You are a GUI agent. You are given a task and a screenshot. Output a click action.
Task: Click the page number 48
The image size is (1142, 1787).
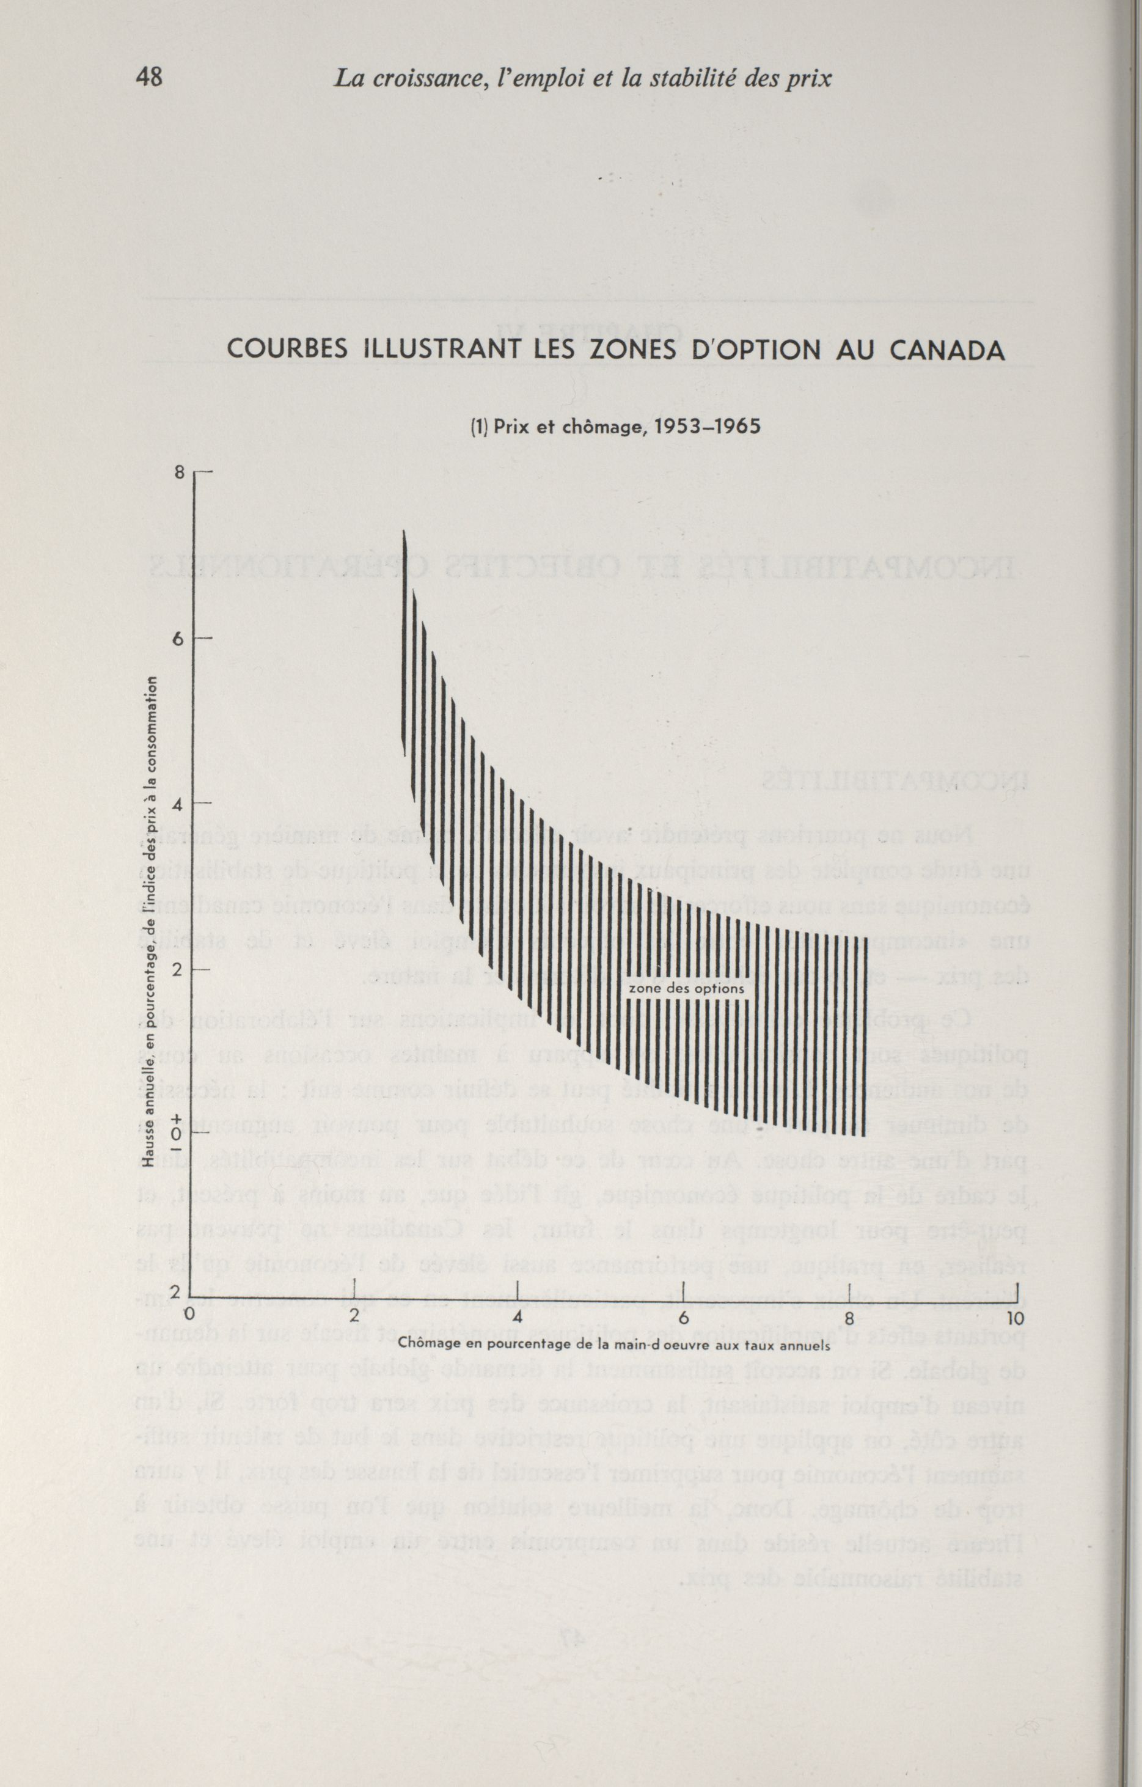149,76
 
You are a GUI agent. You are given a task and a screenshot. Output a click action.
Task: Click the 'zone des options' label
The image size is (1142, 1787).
685,988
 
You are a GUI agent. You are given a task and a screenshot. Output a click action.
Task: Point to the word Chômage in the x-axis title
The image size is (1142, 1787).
426,1343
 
